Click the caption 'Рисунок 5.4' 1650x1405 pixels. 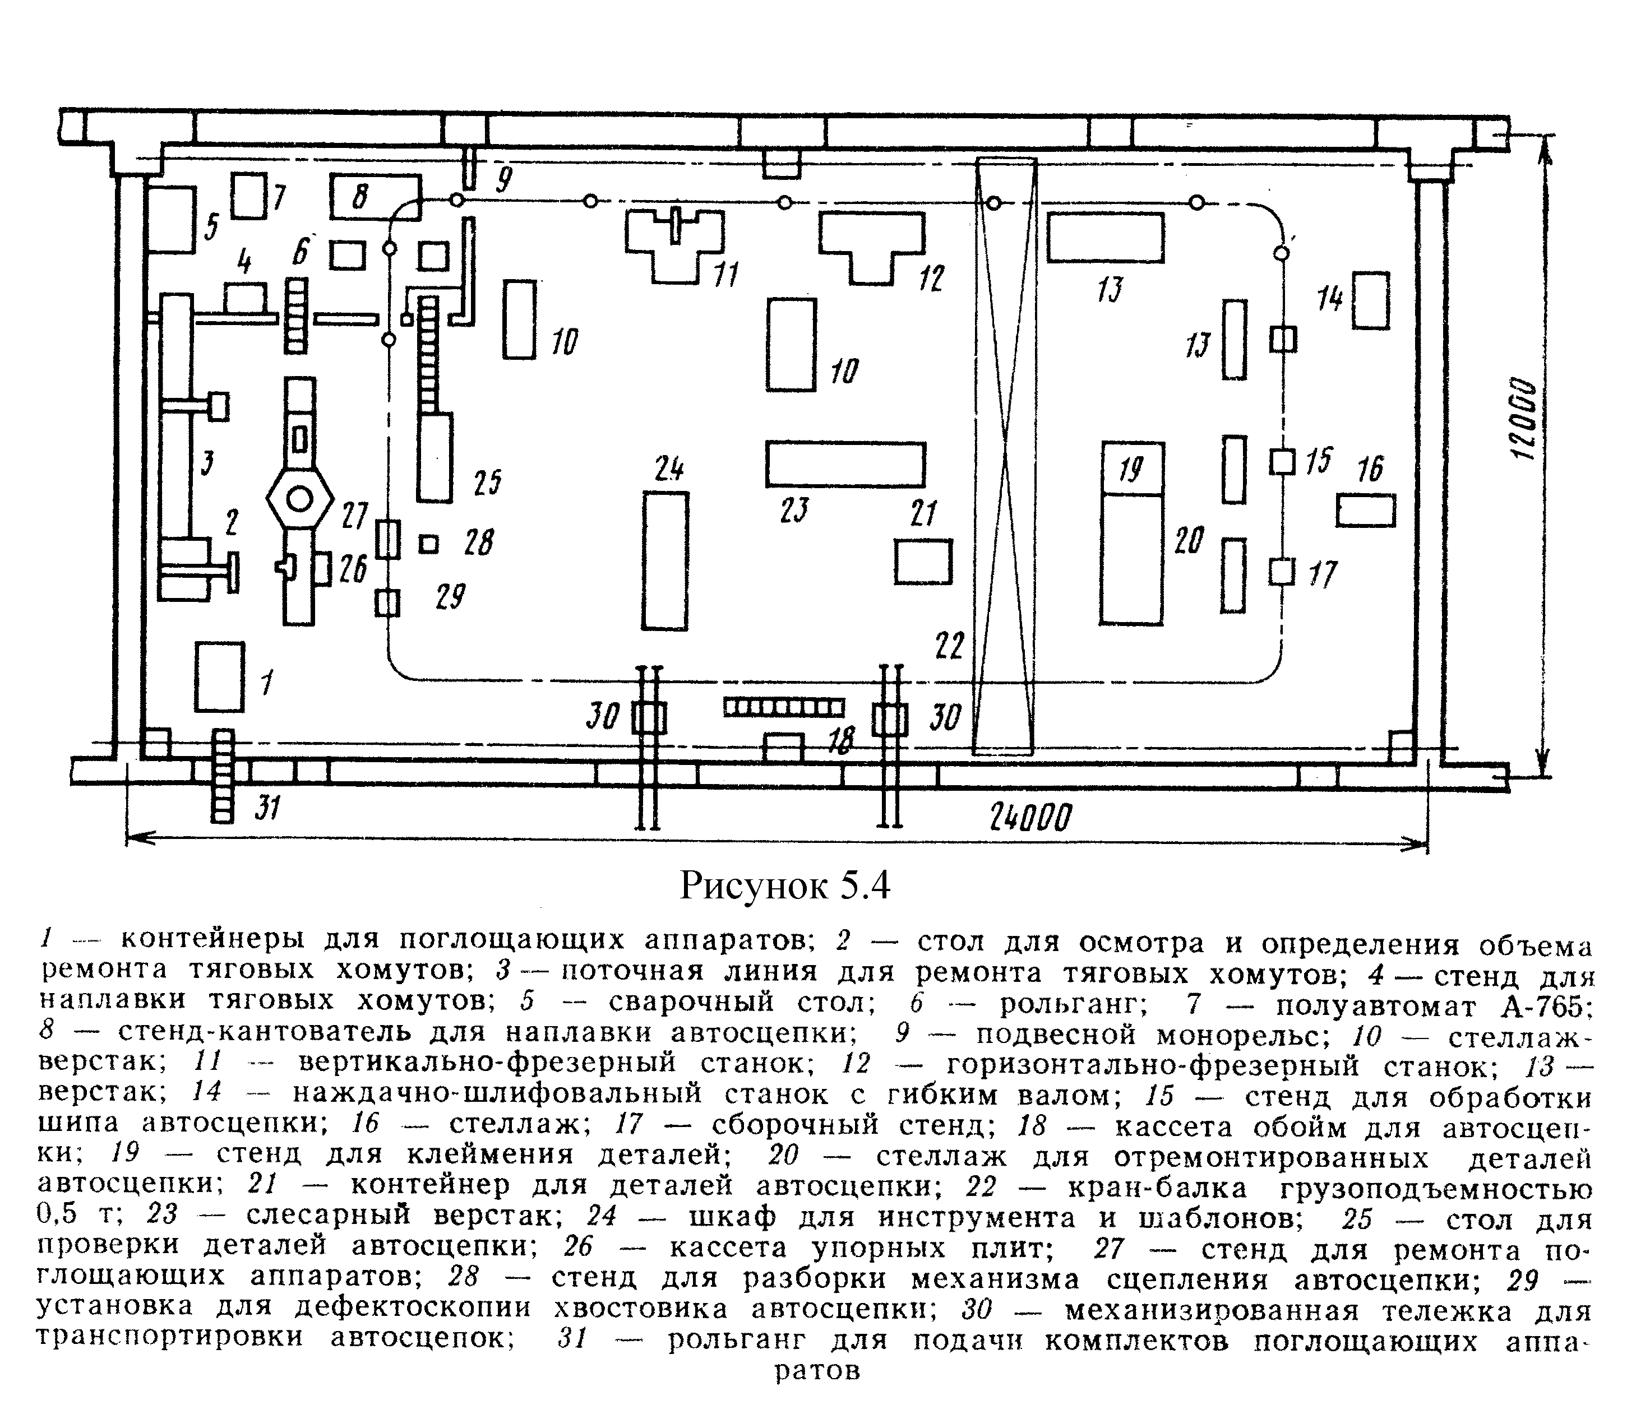click(784, 885)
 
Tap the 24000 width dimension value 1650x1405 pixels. click(1030, 817)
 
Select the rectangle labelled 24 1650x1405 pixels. click(665, 561)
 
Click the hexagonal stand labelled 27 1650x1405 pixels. click(299, 500)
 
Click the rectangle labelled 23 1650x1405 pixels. click(845, 464)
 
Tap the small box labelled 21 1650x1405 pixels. click(923, 561)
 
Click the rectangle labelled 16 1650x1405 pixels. click(1366, 510)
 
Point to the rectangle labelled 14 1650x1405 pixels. click(1370, 300)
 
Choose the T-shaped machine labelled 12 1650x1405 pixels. click(872, 239)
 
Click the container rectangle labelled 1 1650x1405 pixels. click(219, 676)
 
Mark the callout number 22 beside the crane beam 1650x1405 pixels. click(949, 645)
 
